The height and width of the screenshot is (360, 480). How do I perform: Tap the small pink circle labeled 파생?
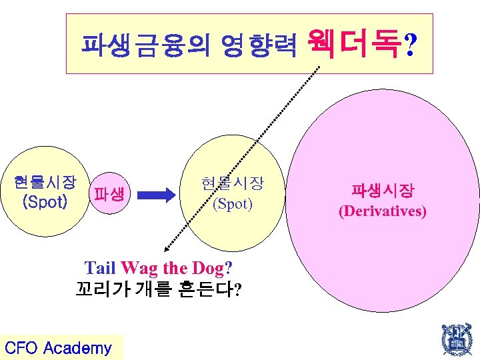[x=109, y=195]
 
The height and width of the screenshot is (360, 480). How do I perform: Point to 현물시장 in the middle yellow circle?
[x=232, y=183]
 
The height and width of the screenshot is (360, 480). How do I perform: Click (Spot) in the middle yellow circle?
[x=232, y=203]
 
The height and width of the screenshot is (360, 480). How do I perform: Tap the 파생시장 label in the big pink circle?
[x=383, y=191]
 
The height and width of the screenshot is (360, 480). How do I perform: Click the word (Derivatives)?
[x=383, y=212]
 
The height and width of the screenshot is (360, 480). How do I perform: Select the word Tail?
[x=101, y=269]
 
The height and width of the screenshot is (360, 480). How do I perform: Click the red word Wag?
[x=139, y=269]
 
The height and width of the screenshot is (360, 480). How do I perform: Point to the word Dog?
[x=211, y=269]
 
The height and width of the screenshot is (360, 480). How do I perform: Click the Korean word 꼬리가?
[x=98, y=290]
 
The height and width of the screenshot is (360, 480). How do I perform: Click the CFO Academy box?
[x=59, y=347]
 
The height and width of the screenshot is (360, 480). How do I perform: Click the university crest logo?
[x=455, y=340]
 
